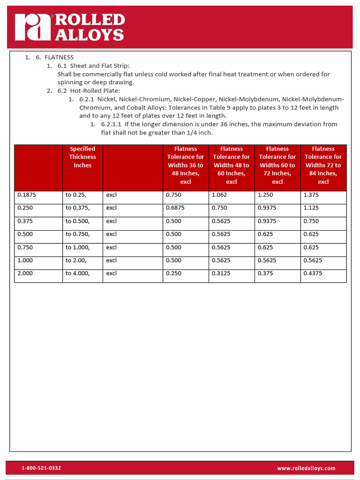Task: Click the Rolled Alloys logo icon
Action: [32, 27]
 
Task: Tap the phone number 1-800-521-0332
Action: [41, 468]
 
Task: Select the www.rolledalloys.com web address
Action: [306, 468]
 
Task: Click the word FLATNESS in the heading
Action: [59, 57]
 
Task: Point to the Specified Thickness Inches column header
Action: [82, 157]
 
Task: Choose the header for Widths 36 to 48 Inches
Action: [186, 165]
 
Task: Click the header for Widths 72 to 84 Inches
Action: [323, 165]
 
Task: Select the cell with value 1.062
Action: [219, 195]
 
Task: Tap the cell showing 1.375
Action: [311, 195]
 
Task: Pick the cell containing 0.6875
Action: [174, 208]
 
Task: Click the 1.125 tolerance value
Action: [311, 208]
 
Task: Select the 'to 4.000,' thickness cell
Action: [77, 273]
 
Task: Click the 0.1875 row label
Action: [27, 195]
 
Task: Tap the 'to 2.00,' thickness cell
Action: [76, 260]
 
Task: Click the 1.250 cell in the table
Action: [265, 195]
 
